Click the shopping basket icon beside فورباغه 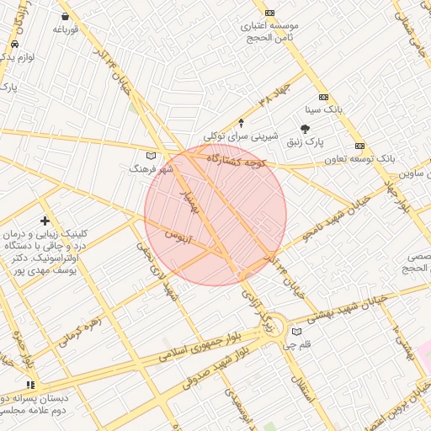pyautogui.click(x=66, y=16)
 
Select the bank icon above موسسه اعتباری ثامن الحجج pyautogui.click(x=269, y=13)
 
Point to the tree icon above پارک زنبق pyautogui.click(x=305, y=129)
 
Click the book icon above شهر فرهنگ pyautogui.click(x=152, y=156)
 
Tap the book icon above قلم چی pyautogui.click(x=295, y=332)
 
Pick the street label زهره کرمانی pyautogui.click(x=80, y=332)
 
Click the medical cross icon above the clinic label pyautogui.click(x=45, y=221)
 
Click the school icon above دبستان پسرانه pyautogui.click(x=32, y=385)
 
